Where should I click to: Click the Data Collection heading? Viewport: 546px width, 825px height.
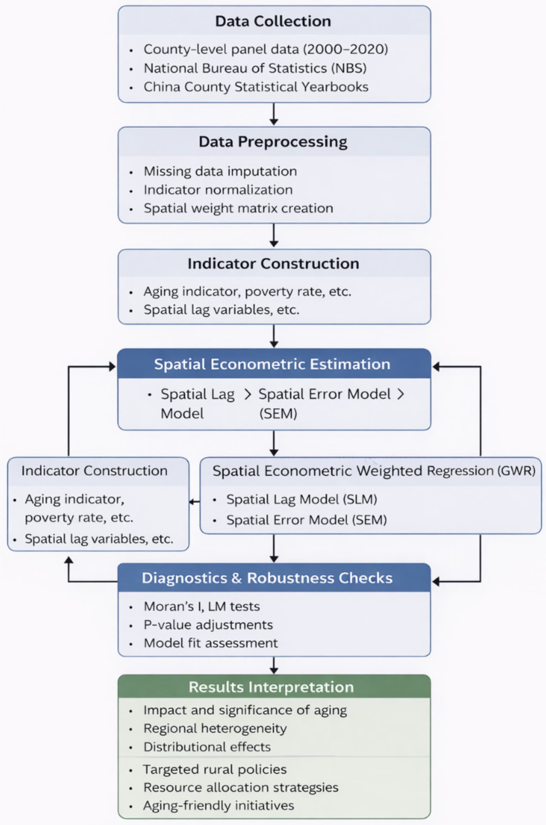coord(273,21)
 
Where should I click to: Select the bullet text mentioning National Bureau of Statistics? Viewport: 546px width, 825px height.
coord(255,68)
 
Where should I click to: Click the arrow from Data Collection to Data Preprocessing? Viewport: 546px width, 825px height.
coord(274,114)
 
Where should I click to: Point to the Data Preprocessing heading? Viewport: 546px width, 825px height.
coord(273,142)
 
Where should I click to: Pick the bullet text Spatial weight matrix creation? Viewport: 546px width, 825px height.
coord(238,208)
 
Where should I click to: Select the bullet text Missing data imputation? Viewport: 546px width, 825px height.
coord(220,171)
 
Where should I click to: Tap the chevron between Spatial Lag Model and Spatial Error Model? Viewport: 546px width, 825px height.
coord(248,394)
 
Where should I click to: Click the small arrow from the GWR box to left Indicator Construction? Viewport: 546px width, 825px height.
coord(194,502)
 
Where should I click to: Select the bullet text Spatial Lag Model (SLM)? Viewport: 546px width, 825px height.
coord(301,499)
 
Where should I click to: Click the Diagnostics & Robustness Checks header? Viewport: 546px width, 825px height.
coord(267,578)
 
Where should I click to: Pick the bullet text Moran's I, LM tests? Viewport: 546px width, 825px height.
coord(202,607)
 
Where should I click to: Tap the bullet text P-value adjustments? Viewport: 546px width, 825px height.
coord(208,625)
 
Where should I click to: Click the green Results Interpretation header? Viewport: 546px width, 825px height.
coord(271,687)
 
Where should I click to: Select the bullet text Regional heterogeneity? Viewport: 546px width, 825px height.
coord(215,729)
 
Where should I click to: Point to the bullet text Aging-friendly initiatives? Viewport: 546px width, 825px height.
coord(218,806)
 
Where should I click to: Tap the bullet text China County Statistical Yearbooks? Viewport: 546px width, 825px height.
coord(256,87)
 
